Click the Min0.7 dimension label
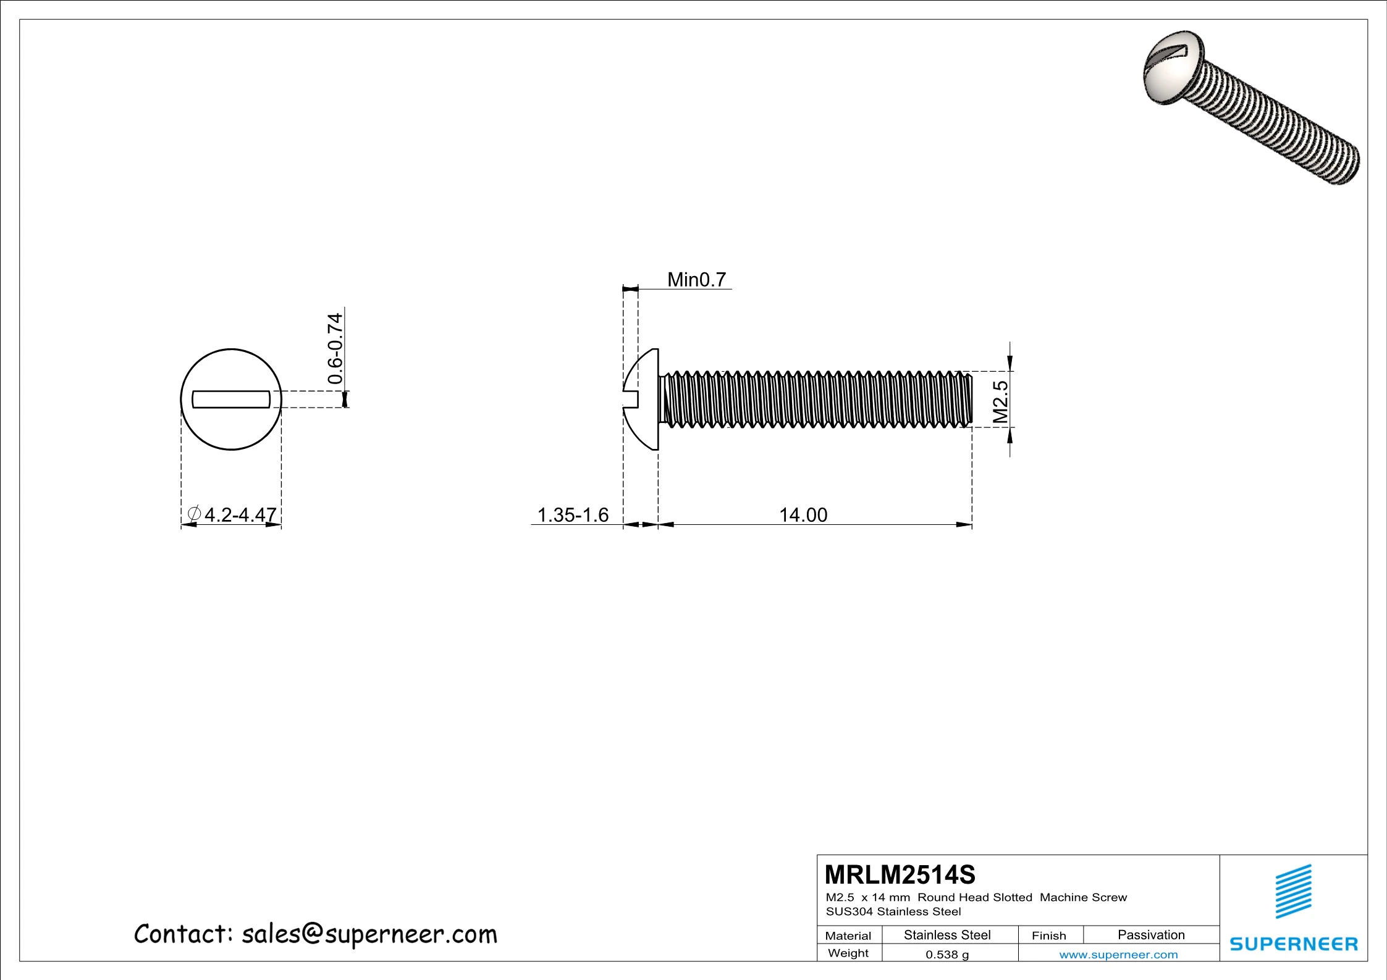click(696, 280)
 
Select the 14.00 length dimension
click(803, 514)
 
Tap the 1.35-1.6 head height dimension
click(573, 514)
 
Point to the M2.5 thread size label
click(1000, 402)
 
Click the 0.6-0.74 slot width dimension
click(334, 349)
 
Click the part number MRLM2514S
click(900, 874)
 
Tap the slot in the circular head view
click(231, 399)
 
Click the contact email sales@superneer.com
click(315, 934)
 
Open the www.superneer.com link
click(1118, 955)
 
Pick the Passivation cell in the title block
click(1150, 935)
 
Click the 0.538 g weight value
click(946, 955)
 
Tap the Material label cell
click(848, 936)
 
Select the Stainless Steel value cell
click(946, 935)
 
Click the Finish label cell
click(1048, 936)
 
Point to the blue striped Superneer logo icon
click(1294, 892)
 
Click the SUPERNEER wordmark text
click(1294, 944)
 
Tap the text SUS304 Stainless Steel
click(893, 911)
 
